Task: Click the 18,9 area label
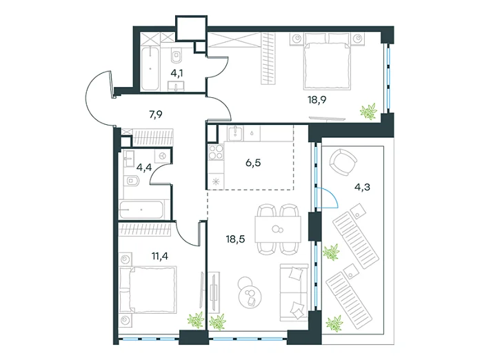click(x=317, y=100)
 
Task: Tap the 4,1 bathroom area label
click(x=177, y=74)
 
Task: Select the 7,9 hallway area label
click(x=155, y=114)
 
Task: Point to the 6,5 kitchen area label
click(x=253, y=163)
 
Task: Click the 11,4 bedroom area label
click(x=160, y=256)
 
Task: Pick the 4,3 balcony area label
click(x=362, y=187)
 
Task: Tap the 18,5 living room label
click(x=235, y=239)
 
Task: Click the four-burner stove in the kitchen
click(x=216, y=152)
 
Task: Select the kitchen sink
click(x=235, y=132)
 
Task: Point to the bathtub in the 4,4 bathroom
click(x=142, y=210)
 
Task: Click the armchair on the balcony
click(x=343, y=162)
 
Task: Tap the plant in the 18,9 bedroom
click(x=369, y=112)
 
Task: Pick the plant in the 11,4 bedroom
click(x=196, y=319)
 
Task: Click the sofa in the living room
click(x=294, y=292)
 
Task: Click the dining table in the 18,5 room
click(x=278, y=229)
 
